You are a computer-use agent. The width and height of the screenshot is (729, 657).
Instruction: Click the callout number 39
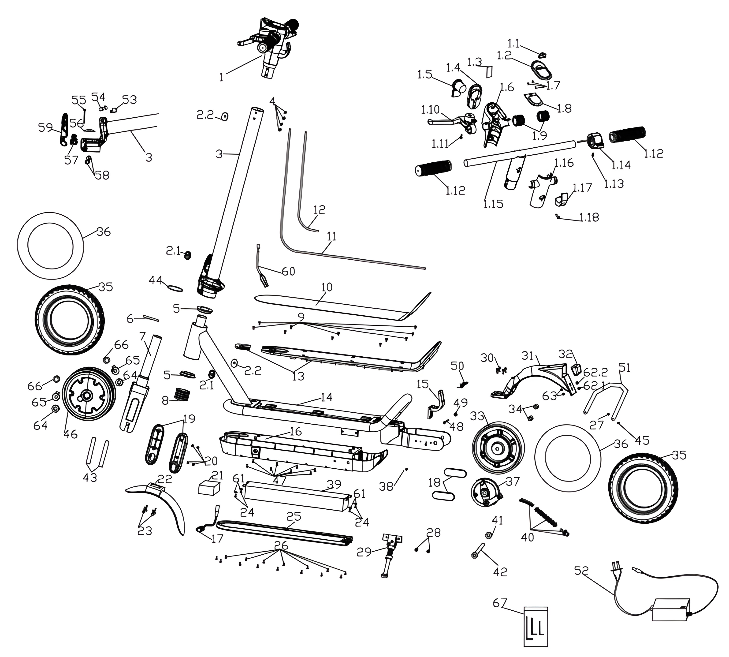click(334, 484)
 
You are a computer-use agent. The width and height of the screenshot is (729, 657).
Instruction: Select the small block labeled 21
click(210, 488)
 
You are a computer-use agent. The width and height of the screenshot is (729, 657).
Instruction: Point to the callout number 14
click(326, 397)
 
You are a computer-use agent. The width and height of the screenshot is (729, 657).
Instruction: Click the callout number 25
click(294, 517)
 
